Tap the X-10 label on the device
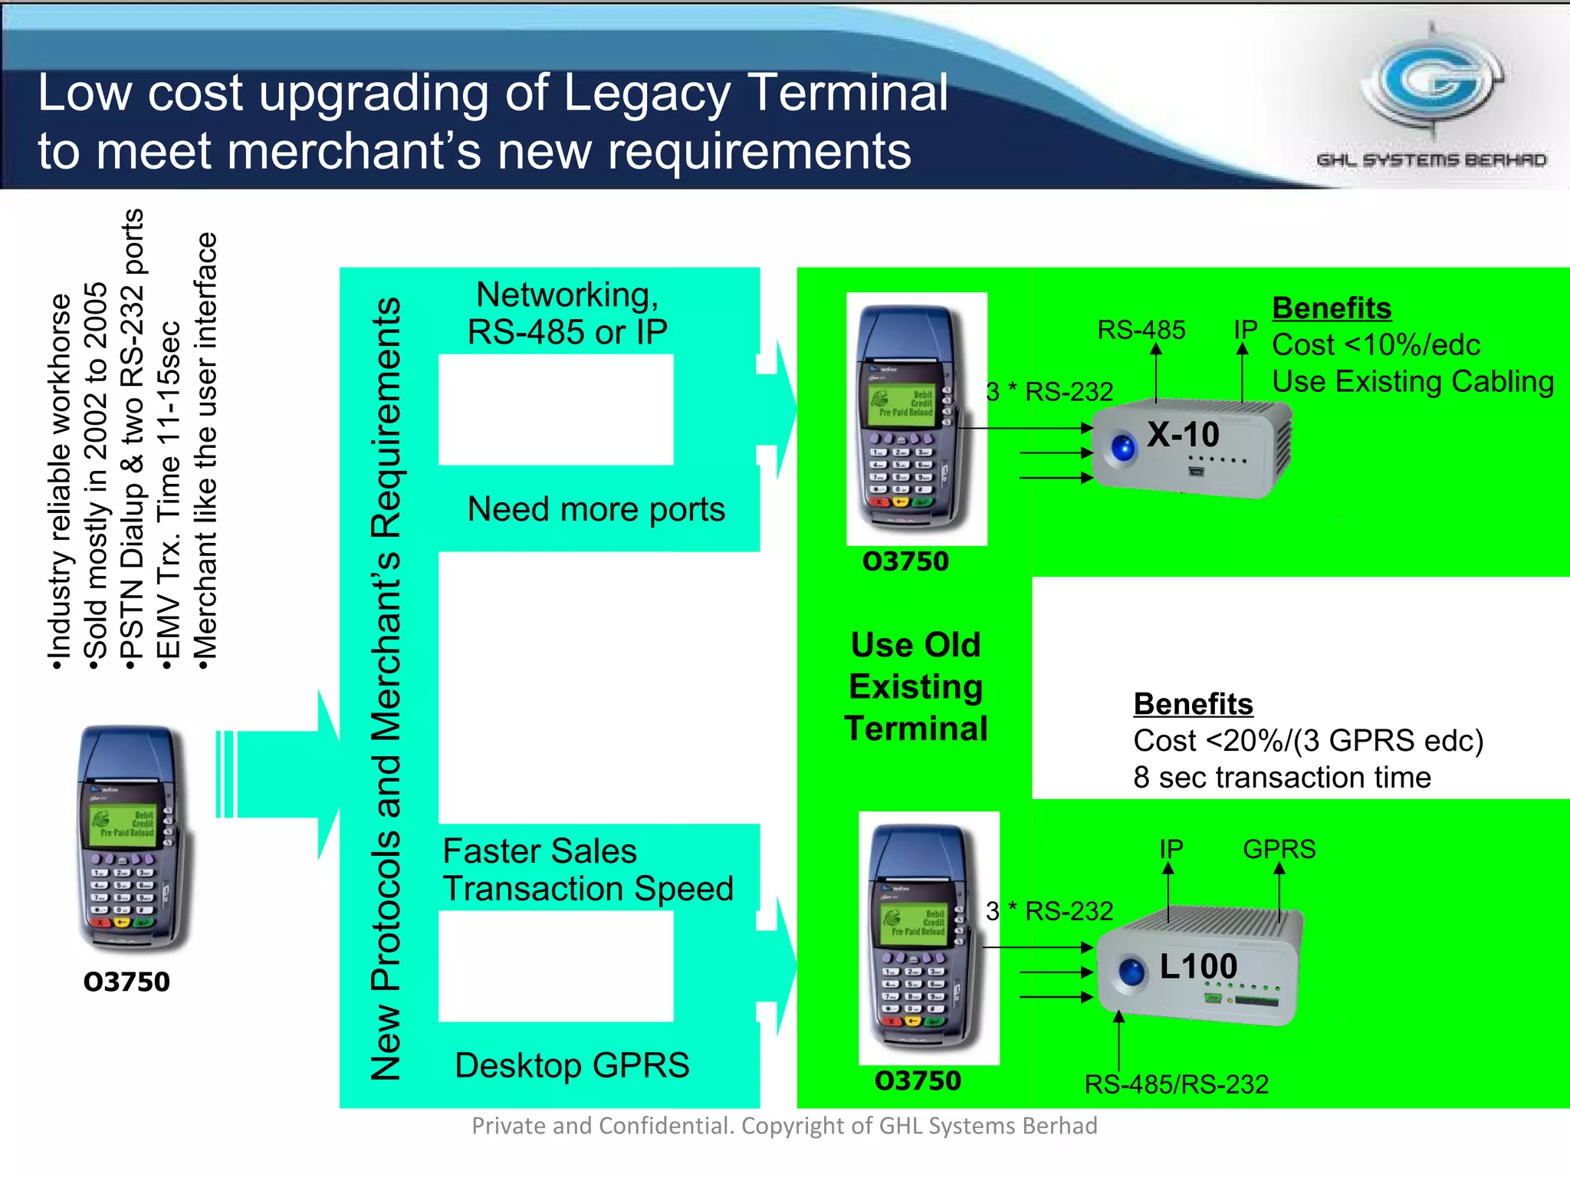pyautogui.click(x=1182, y=435)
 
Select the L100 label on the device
pyautogui.click(x=1197, y=966)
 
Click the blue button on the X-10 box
pyautogui.click(x=1124, y=447)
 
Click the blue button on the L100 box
pyautogui.click(x=1131, y=972)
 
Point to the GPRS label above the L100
pyautogui.click(x=1279, y=849)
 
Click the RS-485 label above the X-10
pyautogui.click(x=1141, y=330)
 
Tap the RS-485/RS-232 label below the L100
pyautogui.click(x=1176, y=1084)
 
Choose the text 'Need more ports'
pyautogui.click(x=596, y=509)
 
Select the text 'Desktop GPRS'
pyautogui.click(x=572, y=1065)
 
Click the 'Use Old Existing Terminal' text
pyautogui.click(x=915, y=686)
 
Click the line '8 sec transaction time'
pyautogui.click(x=1282, y=778)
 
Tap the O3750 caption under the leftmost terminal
pyautogui.click(x=126, y=982)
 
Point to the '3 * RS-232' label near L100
pyautogui.click(x=1049, y=911)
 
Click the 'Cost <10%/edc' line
pyautogui.click(x=1375, y=345)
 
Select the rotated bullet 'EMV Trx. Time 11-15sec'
pyautogui.click(x=169, y=491)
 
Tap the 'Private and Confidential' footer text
pyautogui.click(x=783, y=1126)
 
